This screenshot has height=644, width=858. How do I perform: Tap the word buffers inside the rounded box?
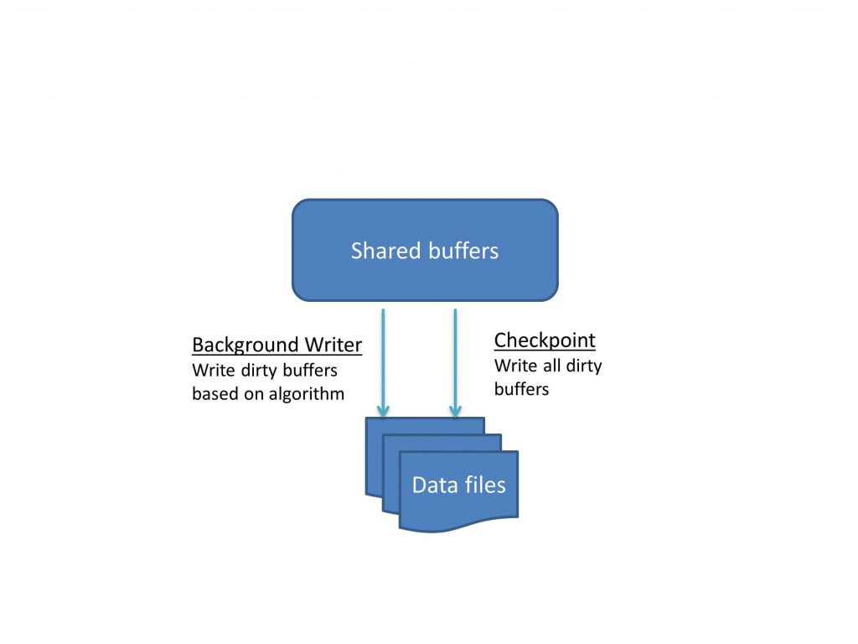[462, 251]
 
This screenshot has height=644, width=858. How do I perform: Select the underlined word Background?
[245, 345]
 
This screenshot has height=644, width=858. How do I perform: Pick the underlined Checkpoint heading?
[545, 340]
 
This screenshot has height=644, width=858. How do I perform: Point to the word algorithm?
[305, 394]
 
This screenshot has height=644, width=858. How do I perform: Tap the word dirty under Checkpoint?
[585, 366]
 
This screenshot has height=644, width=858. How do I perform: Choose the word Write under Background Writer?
[211, 370]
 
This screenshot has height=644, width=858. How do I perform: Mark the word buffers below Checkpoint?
[521, 389]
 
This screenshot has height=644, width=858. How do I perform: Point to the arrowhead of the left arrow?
[383, 412]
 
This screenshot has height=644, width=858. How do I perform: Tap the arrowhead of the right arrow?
[455, 412]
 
